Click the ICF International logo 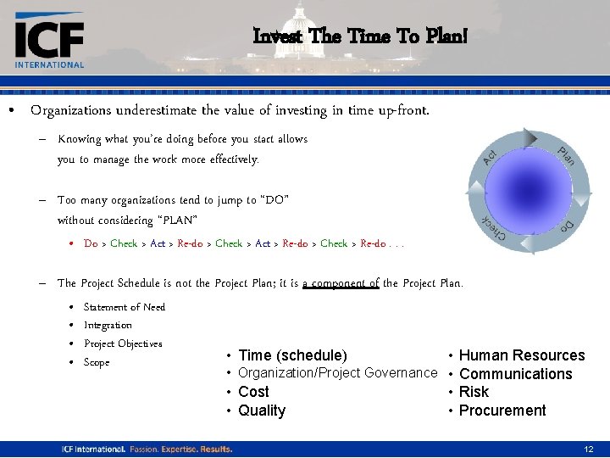[x=49, y=41]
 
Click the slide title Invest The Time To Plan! [x=359, y=36]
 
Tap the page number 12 [x=589, y=448]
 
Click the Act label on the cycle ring [x=491, y=157]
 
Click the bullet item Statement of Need [x=125, y=307]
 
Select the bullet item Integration [x=108, y=325]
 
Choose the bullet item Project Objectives [x=123, y=343]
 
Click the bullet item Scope [x=97, y=362]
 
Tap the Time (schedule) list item [x=292, y=355]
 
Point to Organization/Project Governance [x=337, y=373]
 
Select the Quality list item [x=262, y=411]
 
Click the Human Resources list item [x=521, y=355]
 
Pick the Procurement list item [x=502, y=411]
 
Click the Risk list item [x=474, y=392]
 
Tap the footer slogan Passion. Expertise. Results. [x=180, y=448]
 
